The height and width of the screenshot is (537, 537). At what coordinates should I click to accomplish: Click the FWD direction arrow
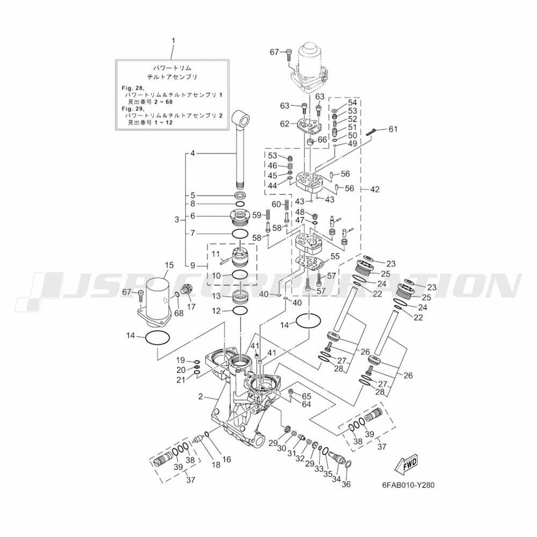[x=407, y=464]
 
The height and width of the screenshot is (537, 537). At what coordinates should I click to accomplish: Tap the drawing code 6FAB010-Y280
[x=408, y=485]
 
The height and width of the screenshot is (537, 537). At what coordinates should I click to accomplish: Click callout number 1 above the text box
[x=173, y=40]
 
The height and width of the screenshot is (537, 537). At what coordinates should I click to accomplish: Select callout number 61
[x=393, y=129]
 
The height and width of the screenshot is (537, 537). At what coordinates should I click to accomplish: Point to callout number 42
[x=375, y=189]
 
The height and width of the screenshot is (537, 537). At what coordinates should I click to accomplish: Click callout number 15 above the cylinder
[x=169, y=265]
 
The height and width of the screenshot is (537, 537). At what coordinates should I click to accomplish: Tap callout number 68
[x=179, y=313]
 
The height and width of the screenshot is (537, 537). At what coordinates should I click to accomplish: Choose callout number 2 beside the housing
[x=201, y=397]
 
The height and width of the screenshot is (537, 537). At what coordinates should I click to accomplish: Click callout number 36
[x=346, y=484]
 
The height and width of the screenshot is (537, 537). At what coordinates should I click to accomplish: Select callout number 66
[x=322, y=140]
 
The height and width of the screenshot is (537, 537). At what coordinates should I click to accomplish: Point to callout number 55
[x=335, y=256]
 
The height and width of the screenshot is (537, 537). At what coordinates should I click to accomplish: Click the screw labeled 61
[x=372, y=131]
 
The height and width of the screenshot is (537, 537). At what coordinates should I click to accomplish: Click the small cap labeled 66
[x=311, y=141]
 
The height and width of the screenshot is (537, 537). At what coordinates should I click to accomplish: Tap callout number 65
[x=306, y=396]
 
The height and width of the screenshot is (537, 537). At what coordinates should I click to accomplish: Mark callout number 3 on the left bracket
[x=177, y=220]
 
